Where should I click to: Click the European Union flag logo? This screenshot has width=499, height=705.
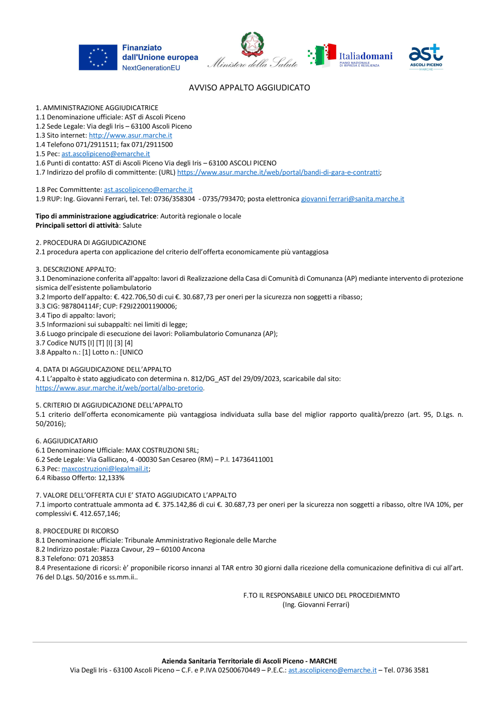pyautogui.click(x=98, y=57)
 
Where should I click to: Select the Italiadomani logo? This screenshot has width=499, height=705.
pyautogui.click(x=350, y=56)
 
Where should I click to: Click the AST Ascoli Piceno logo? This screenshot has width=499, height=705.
pyautogui.click(x=426, y=56)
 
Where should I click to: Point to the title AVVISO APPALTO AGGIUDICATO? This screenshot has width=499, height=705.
pyautogui.click(x=249, y=88)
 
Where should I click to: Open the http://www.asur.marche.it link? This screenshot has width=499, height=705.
pyautogui.click(x=130, y=136)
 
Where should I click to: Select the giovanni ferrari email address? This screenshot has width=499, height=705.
pyautogui.click(x=352, y=199)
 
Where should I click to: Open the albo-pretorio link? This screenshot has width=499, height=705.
pyautogui.click(x=119, y=388)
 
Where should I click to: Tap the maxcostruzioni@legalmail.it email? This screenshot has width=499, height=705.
pyautogui.click(x=105, y=469)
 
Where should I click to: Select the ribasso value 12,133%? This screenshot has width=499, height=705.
pyautogui.click(x=111, y=478)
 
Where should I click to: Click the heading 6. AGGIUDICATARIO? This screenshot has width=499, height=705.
pyautogui.click(x=66, y=441)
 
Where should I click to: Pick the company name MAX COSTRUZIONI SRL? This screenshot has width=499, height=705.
pyautogui.click(x=161, y=450)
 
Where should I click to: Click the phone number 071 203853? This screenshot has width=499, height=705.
pyautogui.click(x=96, y=558)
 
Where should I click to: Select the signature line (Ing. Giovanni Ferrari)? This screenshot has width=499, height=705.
pyautogui.click(x=316, y=605)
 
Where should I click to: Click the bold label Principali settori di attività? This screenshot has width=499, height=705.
pyautogui.click(x=77, y=225)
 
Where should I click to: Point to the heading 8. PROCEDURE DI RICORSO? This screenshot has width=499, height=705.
pyautogui.click(x=77, y=531)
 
